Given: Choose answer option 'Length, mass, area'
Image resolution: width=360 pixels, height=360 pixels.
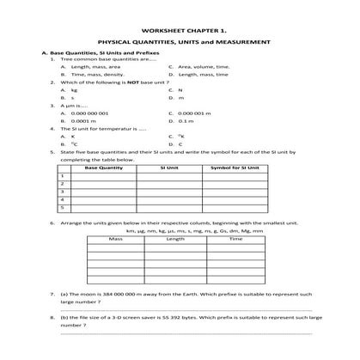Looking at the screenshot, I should click(x=95, y=67).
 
